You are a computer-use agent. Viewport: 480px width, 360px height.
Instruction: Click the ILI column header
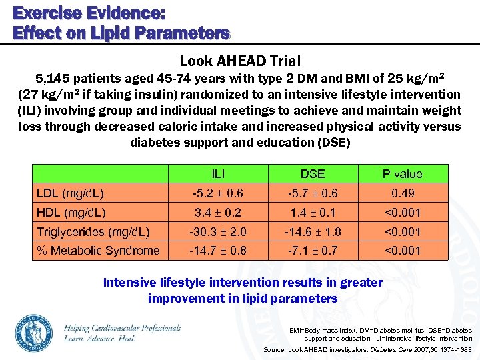(217, 174)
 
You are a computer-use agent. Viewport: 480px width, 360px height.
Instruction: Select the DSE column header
(312, 174)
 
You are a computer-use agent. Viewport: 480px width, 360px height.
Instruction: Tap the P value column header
(402, 174)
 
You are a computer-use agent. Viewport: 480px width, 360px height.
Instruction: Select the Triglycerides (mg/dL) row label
(92, 232)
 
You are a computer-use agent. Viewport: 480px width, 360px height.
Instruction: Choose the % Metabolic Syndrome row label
(97, 251)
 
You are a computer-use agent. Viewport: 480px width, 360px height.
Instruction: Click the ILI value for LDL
(217, 193)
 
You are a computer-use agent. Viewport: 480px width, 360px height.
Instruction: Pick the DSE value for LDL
(312, 193)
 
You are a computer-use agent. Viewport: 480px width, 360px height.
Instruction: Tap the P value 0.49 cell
(402, 193)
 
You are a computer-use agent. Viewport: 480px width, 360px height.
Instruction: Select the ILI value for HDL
(217, 213)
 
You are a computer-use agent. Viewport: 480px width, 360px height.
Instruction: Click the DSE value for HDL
(312, 213)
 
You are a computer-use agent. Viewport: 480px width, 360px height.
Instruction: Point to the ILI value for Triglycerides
(217, 232)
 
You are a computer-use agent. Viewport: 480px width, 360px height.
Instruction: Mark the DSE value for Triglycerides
(312, 232)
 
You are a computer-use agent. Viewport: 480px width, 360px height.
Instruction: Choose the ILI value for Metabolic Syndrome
(217, 251)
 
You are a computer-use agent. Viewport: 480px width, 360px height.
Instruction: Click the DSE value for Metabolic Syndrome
(312, 251)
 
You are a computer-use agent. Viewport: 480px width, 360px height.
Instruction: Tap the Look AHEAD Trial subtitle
(240, 61)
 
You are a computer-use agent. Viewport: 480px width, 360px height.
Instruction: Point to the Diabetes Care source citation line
(367, 349)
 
